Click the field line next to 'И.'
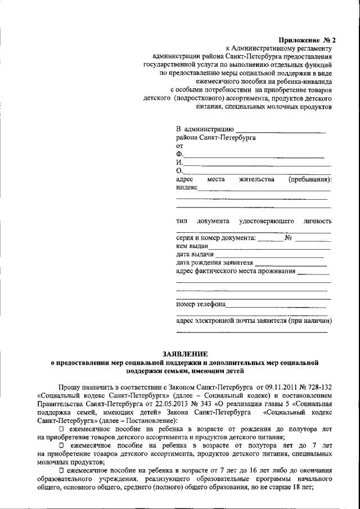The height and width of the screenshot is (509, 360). coord(257,165)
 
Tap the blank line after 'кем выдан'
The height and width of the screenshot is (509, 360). coord(270,247)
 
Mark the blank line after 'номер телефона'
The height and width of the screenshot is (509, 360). coord(278,306)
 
